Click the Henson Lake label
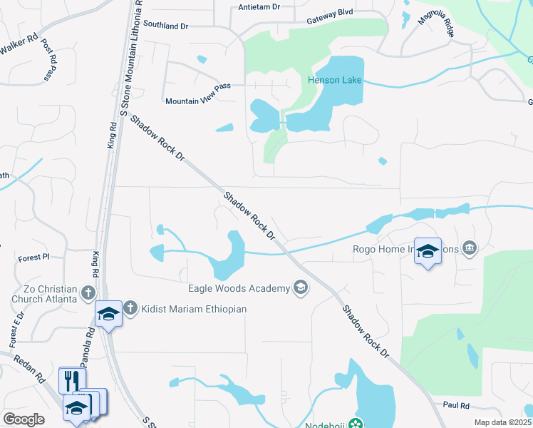pos(335,80)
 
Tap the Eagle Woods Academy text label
pos(238,288)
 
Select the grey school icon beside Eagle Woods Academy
pos(301,287)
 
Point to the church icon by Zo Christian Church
pos(88,292)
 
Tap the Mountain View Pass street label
pos(198,101)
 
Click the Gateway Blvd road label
pos(330,21)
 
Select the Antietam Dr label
pos(259,6)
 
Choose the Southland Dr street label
pos(165,25)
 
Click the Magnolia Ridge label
pos(435,29)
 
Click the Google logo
pos(24,419)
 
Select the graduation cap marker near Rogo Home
pos(428,251)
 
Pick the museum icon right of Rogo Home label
pos(470,249)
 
